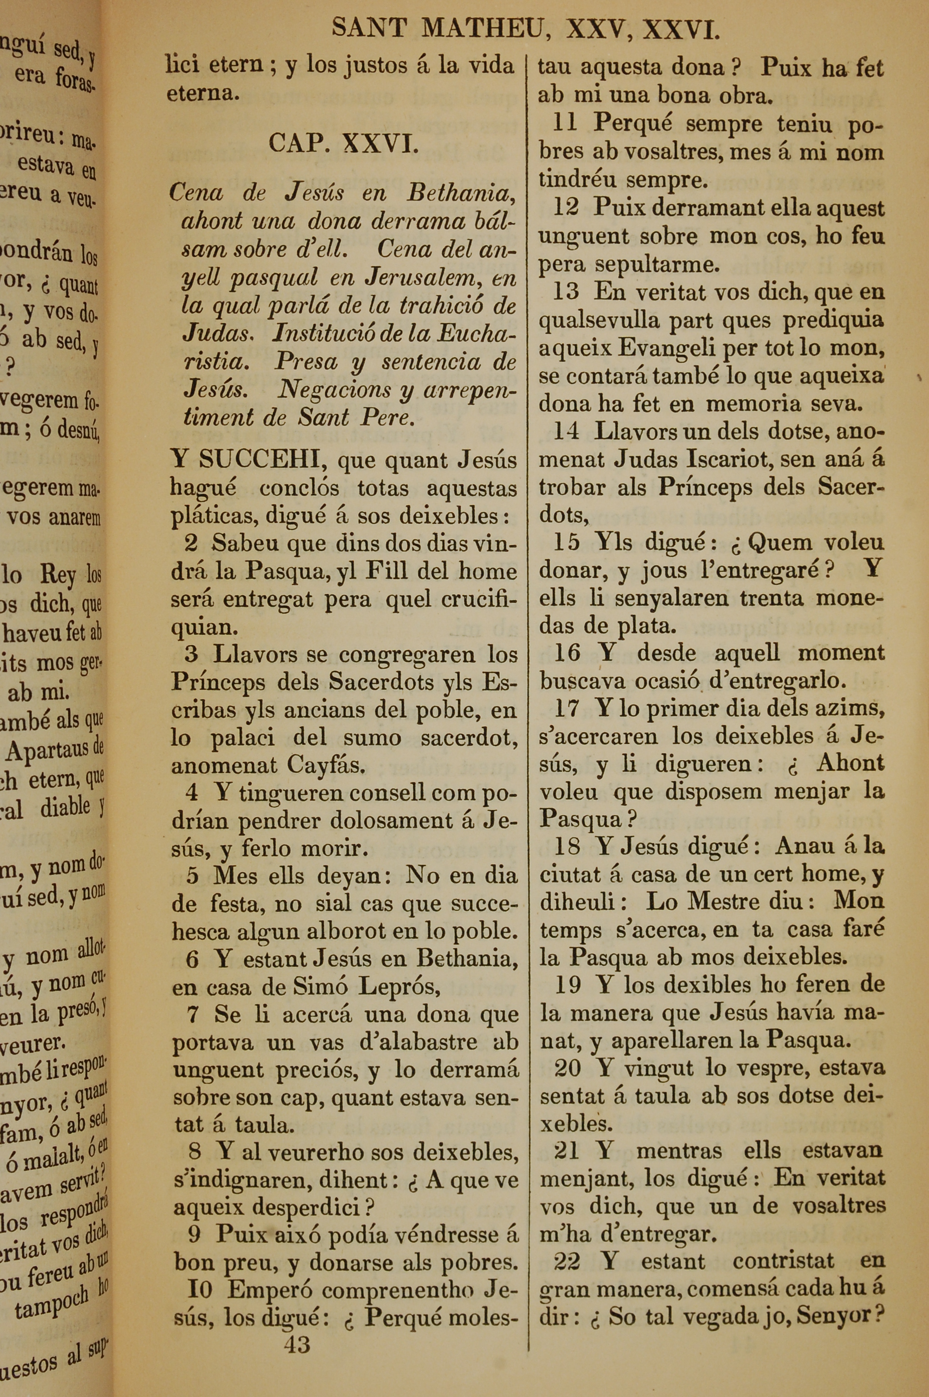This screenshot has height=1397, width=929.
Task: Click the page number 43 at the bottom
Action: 296,1328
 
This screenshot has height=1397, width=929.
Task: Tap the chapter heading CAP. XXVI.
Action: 344,143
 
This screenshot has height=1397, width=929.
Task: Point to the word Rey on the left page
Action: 58,574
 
